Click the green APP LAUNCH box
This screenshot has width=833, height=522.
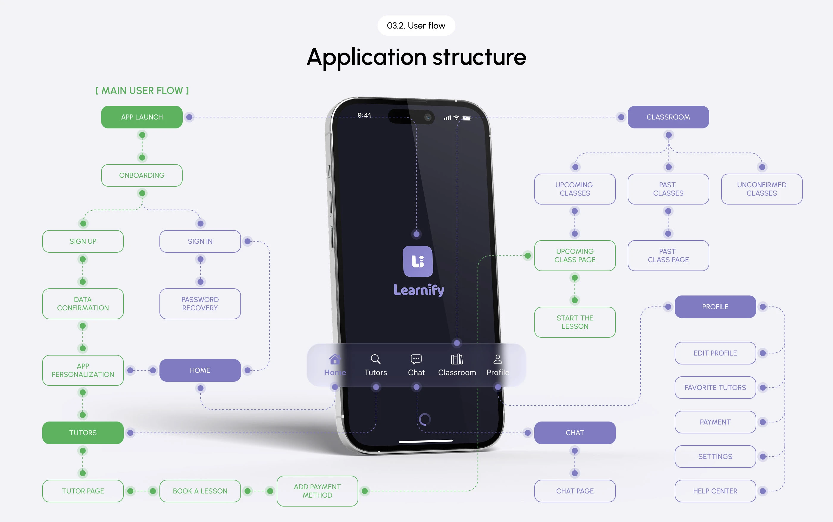tap(142, 117)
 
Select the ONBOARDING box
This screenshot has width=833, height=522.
tap(142, 175)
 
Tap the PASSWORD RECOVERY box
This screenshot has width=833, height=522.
tap(200, 304)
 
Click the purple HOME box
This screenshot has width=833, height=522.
tap(200, 370)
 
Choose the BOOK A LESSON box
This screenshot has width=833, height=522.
tap(200, 491)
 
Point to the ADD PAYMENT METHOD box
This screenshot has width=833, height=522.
tap(317, 491)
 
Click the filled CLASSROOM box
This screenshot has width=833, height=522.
tap(668, 117)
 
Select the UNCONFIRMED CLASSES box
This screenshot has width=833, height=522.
tap(762, 189)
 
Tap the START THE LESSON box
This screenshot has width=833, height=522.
tap(574, 322)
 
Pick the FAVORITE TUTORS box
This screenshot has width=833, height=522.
tap(715, 387)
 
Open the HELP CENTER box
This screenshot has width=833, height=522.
tap(715, 491)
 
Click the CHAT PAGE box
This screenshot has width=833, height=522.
tap(574, 491)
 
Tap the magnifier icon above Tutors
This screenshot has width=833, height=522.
tap(375, 359)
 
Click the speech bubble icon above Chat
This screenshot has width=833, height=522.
tap(416, 359)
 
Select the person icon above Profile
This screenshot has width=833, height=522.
tap(497, 359)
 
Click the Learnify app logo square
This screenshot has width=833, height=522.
tap(418, 261)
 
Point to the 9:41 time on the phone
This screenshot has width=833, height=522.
tap(364, 115)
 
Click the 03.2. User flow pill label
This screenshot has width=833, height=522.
tap(416, 26)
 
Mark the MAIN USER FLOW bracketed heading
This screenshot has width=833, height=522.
tap(142, 90)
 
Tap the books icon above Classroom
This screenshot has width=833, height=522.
tap(457, 359)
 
